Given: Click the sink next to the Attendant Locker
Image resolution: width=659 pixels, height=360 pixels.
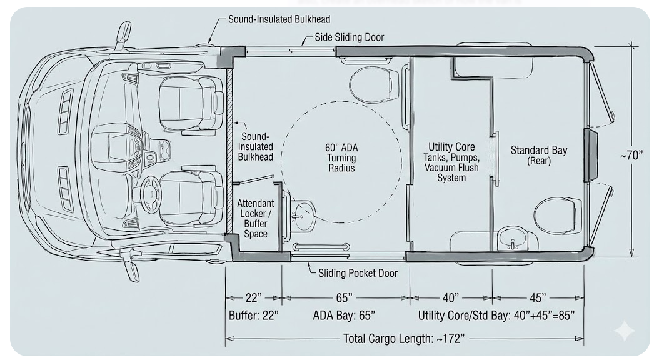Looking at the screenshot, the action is coord(303,216).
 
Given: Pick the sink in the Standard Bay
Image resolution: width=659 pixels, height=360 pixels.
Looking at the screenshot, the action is coord(512,238).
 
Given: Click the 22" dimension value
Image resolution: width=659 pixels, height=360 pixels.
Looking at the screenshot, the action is coord(253,298).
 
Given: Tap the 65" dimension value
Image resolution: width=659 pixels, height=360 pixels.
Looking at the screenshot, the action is coord(344,298).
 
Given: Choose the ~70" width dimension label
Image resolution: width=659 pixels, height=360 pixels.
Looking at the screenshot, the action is coord(631,156).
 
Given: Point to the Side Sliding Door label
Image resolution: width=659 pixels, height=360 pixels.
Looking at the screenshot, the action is coord(350,37).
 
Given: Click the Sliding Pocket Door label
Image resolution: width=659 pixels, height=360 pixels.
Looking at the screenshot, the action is coord(358,274).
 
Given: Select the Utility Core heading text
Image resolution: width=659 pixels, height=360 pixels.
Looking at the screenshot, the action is coord(451,147).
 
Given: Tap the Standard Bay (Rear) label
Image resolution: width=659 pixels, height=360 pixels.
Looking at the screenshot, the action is coord(539,155).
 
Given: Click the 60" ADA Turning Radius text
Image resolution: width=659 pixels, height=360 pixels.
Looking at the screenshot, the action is coord(341,158).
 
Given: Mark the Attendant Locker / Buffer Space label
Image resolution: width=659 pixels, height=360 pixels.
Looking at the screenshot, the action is coord(256,219).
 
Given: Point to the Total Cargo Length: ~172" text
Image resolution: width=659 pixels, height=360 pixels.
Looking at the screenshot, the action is coord(404,339).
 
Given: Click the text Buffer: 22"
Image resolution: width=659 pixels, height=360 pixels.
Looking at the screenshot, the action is coord(253,316).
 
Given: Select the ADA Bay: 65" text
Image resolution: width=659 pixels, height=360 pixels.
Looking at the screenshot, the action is coord(344,316).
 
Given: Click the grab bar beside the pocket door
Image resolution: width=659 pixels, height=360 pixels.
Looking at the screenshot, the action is coord(321,247).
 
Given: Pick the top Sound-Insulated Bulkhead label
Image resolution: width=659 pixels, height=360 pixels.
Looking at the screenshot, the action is coord(279,19).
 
